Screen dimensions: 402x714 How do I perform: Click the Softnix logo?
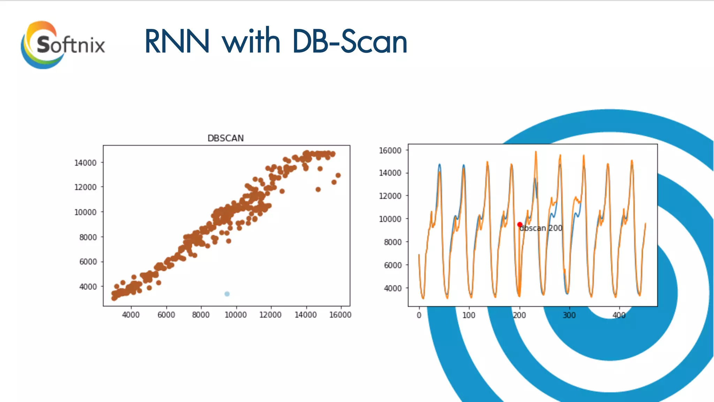point(63,45)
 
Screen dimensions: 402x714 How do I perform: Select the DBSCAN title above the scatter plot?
point(226,138)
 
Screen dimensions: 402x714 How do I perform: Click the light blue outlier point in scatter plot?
point(227,294)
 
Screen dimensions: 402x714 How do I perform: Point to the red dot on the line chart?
point(520,224)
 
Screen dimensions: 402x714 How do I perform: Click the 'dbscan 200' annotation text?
point(541,228)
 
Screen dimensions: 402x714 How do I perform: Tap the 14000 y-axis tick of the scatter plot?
point(85,163)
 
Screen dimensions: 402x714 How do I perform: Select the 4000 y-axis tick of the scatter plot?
point(88,286)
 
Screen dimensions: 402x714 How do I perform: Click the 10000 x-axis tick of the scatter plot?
point(236,315)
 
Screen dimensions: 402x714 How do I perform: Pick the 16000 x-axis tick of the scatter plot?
point(340,315)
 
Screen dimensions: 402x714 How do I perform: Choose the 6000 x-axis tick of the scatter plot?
point(166,315)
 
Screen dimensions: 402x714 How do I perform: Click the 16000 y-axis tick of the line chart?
point(390,150)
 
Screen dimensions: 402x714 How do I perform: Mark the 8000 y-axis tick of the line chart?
point(393,242)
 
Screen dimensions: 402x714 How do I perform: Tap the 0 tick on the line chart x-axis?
point(419,315)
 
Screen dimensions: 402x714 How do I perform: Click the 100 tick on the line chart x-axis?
point(469,315)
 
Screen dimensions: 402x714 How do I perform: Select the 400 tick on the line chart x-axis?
point(619,315)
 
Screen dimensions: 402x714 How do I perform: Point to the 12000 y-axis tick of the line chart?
point(390,196)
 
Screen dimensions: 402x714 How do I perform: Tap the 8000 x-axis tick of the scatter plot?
point(201,315)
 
